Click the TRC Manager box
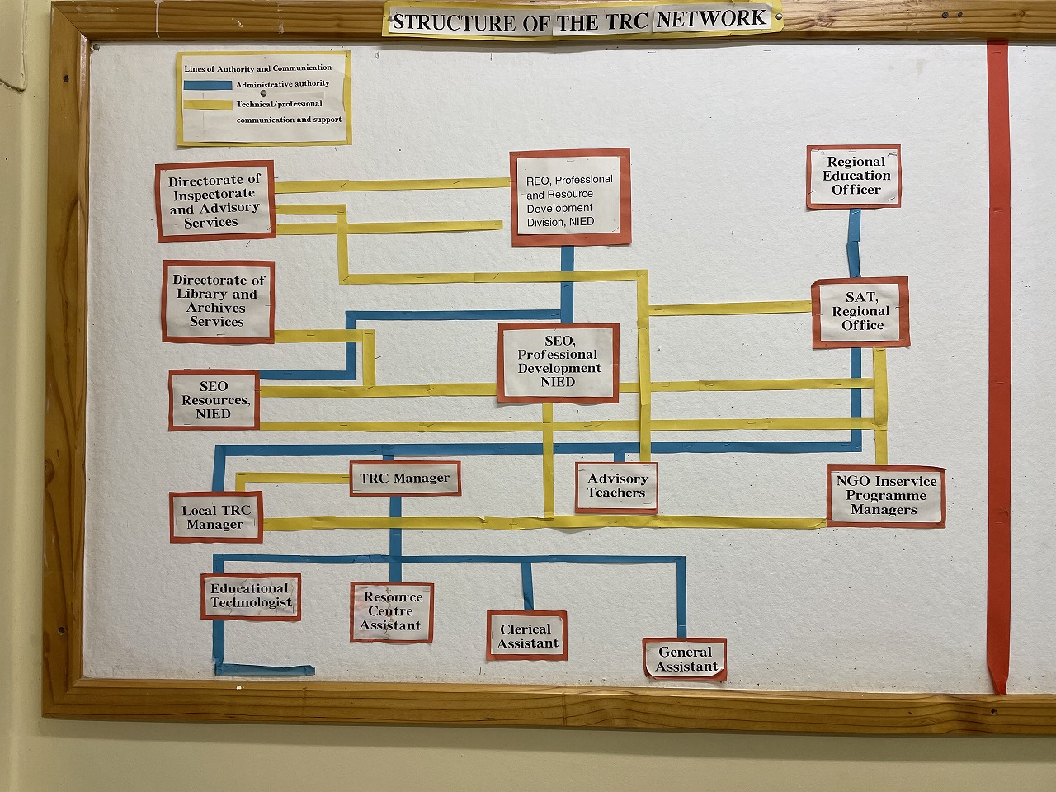click(x=405, y=478)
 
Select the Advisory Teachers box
click(x=616, y=487)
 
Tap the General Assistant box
click(x=685, y=659)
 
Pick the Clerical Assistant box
click(x=527, y=636)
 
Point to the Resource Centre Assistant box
click(x=392, y=611)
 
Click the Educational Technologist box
click(x=251, y=596)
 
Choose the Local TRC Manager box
click(x=216, y=517)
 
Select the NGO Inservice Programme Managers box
click(x=886, y=496)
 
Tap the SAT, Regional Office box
click(x=860, y=312)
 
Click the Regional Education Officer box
click(x=854, y=177)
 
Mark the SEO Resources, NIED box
click(x=214, y=400)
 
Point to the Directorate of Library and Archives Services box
click(x=219, y=301)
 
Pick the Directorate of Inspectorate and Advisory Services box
click(x=215, y=201)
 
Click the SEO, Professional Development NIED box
click(x=559, y=362)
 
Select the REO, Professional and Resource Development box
click(x=571, y=198)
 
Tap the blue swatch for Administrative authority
click(x=208, y=85)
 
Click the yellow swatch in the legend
click(x=208, y=105)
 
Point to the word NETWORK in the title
click(x=711, y=19)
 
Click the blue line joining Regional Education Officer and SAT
click(x=853, y=243)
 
